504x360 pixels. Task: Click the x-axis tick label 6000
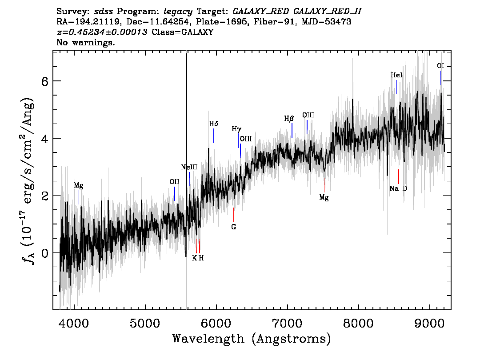[216, 323]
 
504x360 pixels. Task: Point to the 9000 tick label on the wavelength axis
[429, 323]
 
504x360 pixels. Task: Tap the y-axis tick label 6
[45, 81]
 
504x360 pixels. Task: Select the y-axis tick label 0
[45, 253]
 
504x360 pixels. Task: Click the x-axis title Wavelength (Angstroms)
[252, 339]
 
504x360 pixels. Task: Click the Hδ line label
[213, 124]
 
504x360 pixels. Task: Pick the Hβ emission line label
[289, 119]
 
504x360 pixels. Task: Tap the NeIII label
[189, 167]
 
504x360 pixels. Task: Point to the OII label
[175, 182]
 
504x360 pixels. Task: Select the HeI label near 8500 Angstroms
[396, 75]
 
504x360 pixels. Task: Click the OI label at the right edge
[440, 66]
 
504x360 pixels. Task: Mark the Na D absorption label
[398, 189]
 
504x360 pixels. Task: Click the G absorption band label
[234, 227]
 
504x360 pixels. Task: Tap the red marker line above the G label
[234, 215]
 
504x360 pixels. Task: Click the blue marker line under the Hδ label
[214, 136]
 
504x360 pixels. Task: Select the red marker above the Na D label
[399, 176]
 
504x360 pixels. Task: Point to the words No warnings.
[86, 42]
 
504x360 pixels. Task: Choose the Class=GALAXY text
[183, 32]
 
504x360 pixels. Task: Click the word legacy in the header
[178, 12]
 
